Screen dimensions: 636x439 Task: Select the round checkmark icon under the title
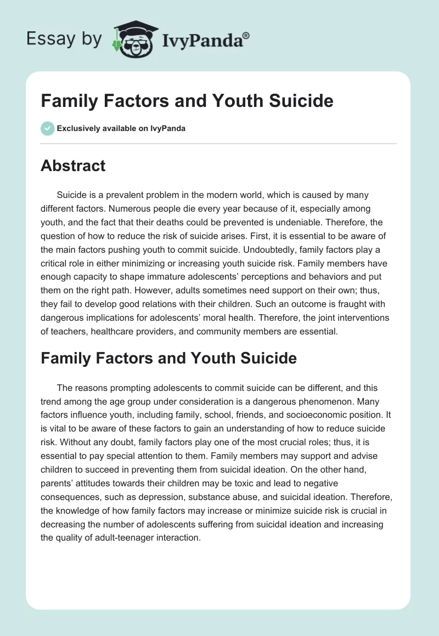point(47,128)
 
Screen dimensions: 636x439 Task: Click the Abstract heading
point(73,166)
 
